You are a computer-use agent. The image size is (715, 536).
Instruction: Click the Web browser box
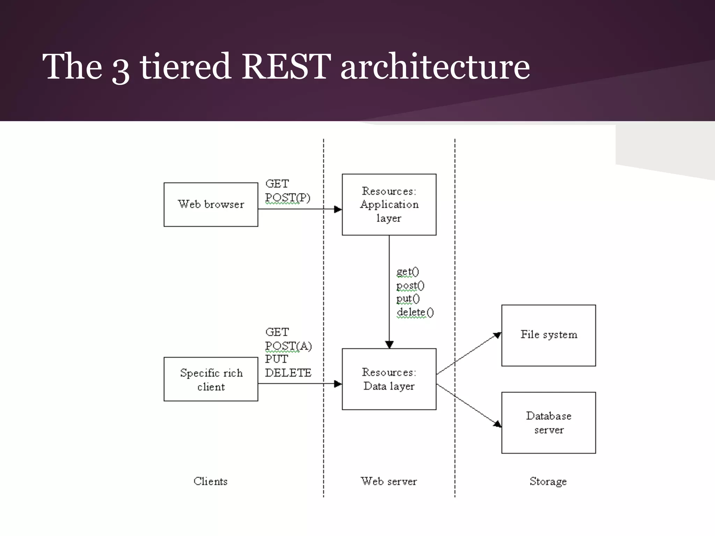coord(211,204)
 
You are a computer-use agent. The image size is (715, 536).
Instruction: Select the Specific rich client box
coord(211,379)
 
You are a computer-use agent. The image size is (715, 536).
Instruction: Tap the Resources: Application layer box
coord(389,204)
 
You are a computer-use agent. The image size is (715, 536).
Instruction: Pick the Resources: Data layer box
coord(389,379)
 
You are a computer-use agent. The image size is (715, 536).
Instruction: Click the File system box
coord(548,335)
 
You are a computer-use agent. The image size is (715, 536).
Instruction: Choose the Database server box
coord(548,423)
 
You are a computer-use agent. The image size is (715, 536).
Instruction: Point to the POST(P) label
coord(287,198)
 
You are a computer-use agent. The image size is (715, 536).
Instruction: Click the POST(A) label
coord(288,346)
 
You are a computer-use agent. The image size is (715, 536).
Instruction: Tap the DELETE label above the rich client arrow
coord(288,373)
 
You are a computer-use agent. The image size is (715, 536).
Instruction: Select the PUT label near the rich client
coord(276,359)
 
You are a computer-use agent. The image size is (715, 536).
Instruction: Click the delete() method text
coord(415,312)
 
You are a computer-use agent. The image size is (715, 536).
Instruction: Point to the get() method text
coord(407,271)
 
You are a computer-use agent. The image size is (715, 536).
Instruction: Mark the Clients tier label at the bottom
coord(211,481)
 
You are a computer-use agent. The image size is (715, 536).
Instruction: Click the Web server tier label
coord(389,481)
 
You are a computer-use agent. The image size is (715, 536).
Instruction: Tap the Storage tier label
coord(548,481)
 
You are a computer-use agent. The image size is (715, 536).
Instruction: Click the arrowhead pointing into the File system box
coord(497,336)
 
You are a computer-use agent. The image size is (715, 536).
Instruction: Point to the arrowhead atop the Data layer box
coord(389,344)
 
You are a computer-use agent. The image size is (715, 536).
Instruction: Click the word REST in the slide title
coord(286,66)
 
